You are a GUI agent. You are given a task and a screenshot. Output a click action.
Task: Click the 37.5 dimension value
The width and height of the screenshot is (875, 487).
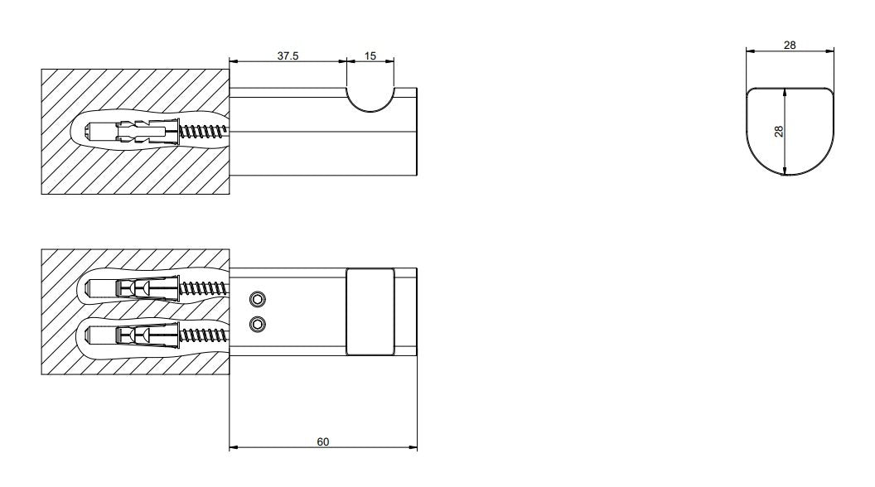[x=288, y=55]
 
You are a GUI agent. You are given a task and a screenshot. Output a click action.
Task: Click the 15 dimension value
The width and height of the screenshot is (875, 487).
[x=370, y=55]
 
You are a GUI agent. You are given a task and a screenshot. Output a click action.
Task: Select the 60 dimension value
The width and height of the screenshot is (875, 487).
[x=323, y=441]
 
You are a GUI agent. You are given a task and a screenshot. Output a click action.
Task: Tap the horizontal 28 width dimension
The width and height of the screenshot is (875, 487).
[x=790, y=46]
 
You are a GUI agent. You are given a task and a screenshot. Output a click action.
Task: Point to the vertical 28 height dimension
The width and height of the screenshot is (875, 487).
[x=779, y=132]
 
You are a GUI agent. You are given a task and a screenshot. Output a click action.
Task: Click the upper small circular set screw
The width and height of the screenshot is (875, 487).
[x=257, y=300]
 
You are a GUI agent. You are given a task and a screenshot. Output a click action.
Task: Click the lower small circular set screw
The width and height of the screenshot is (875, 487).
[x=257, y=324]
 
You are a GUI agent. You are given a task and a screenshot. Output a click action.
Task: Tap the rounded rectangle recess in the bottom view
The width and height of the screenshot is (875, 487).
[x=370, y=312]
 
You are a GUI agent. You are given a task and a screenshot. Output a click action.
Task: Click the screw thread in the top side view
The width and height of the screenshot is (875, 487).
[x=204, y=133]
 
